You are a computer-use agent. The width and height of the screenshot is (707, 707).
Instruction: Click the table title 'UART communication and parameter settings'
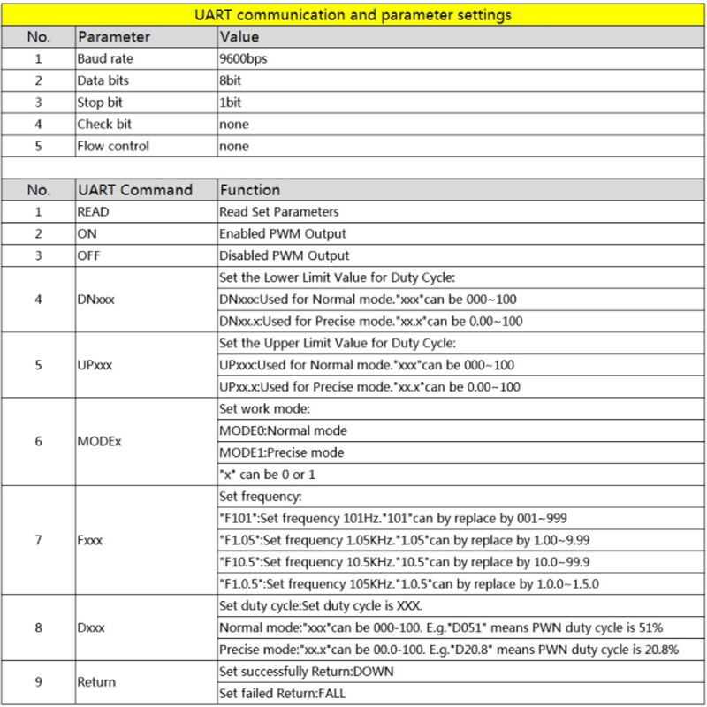point(353,15)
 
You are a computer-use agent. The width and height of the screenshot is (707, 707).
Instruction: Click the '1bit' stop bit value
point(231,103)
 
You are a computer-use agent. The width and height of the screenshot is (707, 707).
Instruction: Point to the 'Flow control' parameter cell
point(113,146)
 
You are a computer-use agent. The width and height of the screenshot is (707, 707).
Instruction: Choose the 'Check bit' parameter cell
point(104,125)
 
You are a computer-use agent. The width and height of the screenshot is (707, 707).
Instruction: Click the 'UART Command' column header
point(134,190)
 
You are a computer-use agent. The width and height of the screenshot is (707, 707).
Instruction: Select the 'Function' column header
point(249,190)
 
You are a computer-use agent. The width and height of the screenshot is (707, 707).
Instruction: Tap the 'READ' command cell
point(94,212)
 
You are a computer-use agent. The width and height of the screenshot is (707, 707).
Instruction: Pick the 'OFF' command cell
point(89,255)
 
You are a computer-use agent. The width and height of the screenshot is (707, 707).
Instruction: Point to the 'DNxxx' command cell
point(96,299)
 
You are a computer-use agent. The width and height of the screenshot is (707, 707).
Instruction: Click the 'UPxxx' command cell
point(96,364)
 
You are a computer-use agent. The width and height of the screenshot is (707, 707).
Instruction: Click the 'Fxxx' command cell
point(91,539)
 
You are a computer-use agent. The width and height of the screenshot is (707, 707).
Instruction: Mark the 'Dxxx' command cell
point(91,627)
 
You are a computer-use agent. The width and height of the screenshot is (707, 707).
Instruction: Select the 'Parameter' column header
point(113,37)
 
